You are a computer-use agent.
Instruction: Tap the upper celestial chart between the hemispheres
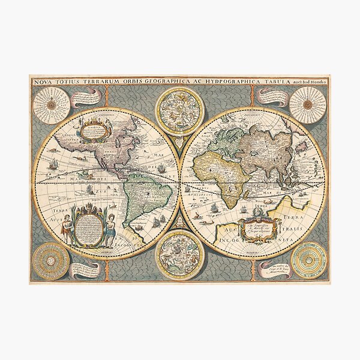coord(179,110)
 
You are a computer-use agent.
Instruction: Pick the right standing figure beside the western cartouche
coord(110,228)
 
